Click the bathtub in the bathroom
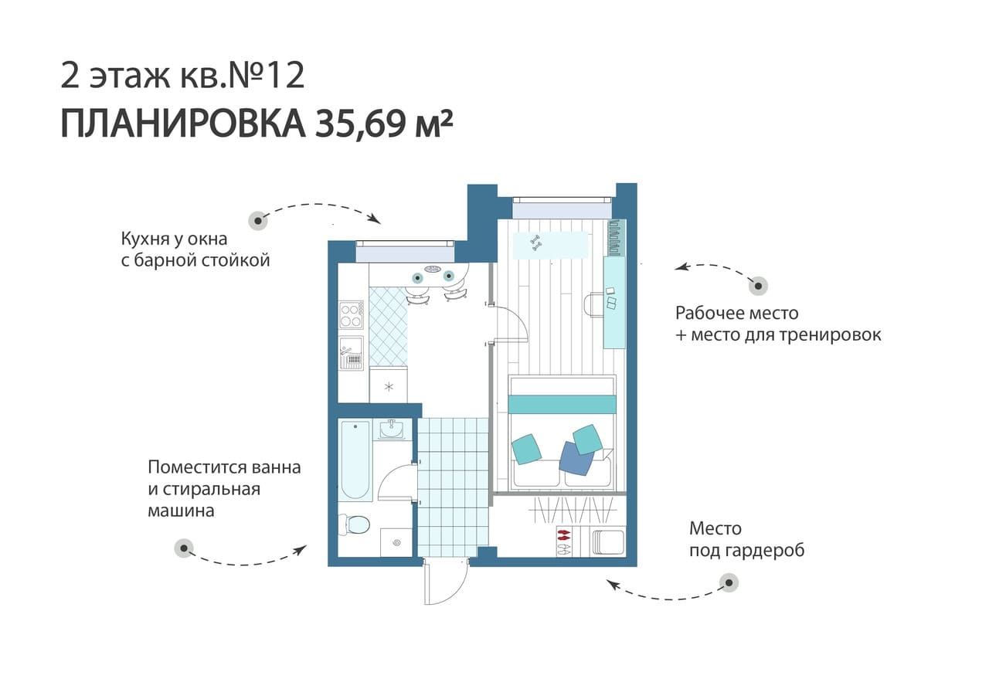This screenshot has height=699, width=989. [355, 460]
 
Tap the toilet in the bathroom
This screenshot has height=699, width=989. [355, 525]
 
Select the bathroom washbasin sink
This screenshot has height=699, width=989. [391, 429]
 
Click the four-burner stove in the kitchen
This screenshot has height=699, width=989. [352, 315]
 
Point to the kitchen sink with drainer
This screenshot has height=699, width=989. [352, 353]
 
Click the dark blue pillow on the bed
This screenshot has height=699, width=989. [576, 459]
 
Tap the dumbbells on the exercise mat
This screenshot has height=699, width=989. [535, 243]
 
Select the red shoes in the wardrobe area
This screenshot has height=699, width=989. [563, 535]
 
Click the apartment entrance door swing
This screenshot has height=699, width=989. [446, 582]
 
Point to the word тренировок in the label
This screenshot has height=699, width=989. [829, 335]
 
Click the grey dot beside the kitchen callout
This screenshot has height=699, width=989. [258, 220]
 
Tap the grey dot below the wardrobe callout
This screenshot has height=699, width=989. [729, 583]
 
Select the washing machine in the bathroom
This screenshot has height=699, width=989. [396, 542]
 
